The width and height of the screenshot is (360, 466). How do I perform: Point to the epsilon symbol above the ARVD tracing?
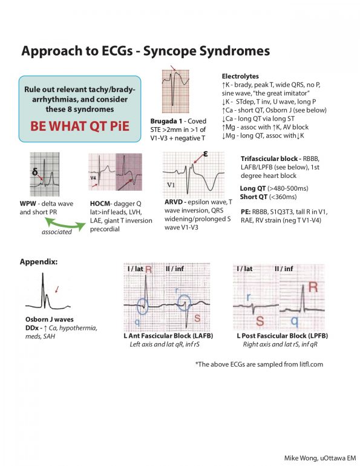(206, 155)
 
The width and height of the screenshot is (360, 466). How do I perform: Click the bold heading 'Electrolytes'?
(241, 77)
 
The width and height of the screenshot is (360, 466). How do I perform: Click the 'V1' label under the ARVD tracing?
(172, 185)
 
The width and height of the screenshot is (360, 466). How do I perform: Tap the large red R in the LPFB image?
(313, 287)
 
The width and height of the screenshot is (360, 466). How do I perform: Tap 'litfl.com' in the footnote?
(306, 364)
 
